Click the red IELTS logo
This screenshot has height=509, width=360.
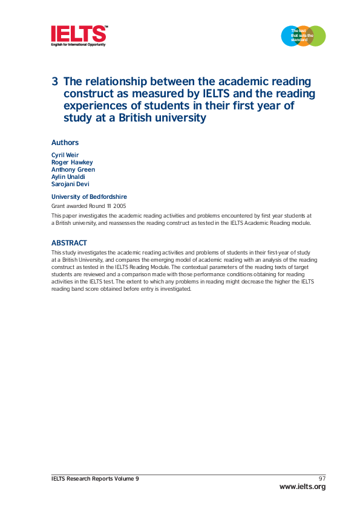pos(79,34)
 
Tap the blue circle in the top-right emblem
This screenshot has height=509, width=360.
pos(290,36)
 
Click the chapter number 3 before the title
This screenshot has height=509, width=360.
pos(55,82)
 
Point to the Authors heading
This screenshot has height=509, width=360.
pos(65,143)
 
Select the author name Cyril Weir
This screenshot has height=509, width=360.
pos(65,155)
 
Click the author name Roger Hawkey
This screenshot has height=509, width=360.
pos(72,163)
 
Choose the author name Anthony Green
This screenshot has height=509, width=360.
pos(73,170)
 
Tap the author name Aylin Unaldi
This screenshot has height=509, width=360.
pos(68,177)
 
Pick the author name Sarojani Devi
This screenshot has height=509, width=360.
pos(70,184)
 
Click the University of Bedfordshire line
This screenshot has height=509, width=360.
pos(89,197)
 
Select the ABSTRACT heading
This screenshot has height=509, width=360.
pos(68,243)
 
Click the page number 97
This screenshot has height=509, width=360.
pos(322,479)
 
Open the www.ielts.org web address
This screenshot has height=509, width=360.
pos(302,487)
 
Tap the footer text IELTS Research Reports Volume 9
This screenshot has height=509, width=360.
pos(95,479)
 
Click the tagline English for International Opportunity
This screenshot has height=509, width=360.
pos(78,45)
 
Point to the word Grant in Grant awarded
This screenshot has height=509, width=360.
pos(58,206)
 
